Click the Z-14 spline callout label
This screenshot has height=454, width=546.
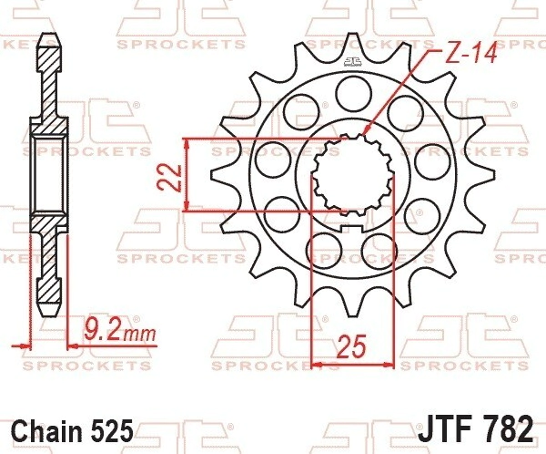pos(471,54)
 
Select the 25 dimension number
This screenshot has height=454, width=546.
pos(352,346)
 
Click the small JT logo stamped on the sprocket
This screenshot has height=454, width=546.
pos(353,62)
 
